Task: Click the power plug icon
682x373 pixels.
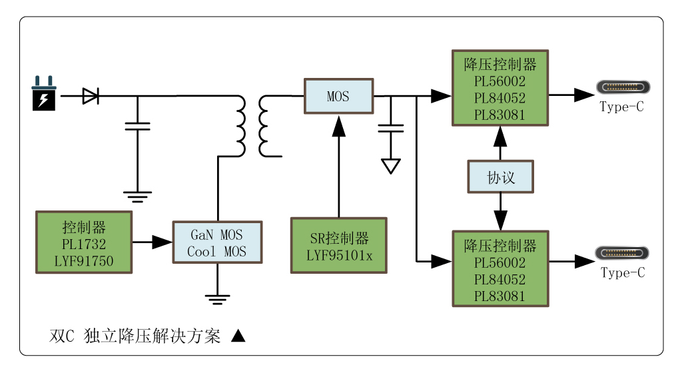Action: [44, 94]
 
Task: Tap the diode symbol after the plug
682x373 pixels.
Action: [91, 96]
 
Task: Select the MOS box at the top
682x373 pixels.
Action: [338, 96]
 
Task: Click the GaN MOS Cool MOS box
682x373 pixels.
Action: [217, 242]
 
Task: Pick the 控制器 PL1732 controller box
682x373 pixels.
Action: [84, 242]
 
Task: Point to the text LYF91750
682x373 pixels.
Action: [84, 261]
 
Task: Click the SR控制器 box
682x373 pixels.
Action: [339, 245]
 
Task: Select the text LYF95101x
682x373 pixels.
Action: [339, 255]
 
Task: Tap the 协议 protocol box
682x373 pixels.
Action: [500, 177]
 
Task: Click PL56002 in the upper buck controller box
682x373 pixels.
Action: [500, 81]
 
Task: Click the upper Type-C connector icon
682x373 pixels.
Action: [623, 87]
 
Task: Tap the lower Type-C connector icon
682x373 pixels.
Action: [623, 254]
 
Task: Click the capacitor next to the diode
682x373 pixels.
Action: [138, 126]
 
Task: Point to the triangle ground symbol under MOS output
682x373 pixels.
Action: [391, 166]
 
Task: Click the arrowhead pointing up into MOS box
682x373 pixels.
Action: [339, 125]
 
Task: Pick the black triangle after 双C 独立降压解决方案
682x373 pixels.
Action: [238, 336]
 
